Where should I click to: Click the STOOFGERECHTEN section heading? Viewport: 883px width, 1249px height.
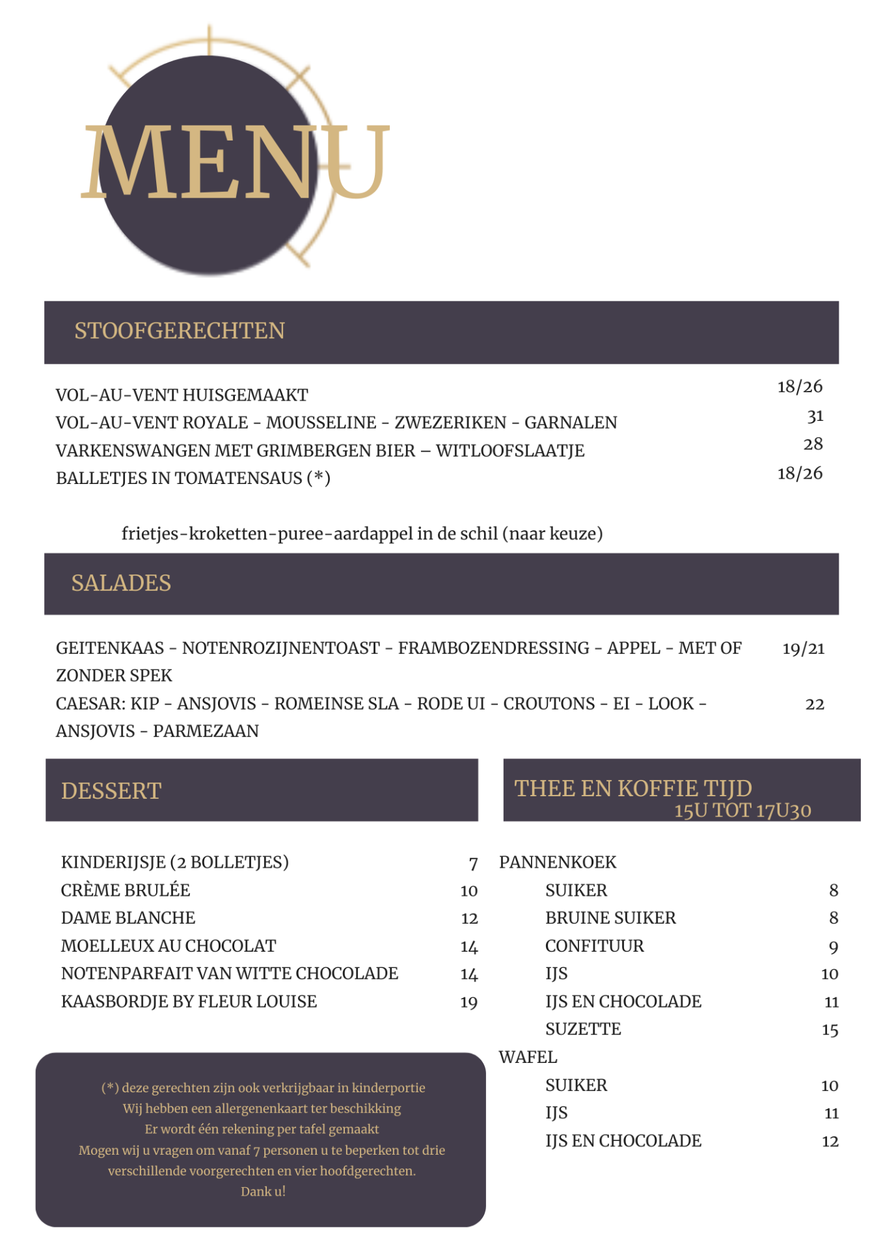tap(179, 331)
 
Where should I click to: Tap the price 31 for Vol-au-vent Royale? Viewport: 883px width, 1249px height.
tap(815, 416)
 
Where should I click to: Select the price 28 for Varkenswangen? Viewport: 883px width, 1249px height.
tap(813, 444)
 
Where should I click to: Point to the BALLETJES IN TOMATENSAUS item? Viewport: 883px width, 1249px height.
tap(193, 479)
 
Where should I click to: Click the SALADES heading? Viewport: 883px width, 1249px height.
tap(121, 584)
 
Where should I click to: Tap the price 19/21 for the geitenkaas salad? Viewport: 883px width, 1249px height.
tap(803, 649)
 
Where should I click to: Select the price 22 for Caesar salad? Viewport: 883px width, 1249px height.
tap(815, 705)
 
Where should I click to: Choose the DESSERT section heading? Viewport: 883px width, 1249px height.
tap(111, 791)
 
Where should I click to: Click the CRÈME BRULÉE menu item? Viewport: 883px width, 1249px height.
tap(126, 891)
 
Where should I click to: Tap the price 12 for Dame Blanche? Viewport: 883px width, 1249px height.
tap(469, 919)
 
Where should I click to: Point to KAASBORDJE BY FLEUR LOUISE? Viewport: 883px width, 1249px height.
tap(189, 1002)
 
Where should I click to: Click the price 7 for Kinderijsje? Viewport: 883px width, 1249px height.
tap(473, 863)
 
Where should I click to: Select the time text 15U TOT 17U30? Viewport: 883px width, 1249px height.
tap(742, 811)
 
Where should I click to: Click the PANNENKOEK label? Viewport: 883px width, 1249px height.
tap(558, 863)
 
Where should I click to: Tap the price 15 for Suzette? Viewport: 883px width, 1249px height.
tap(830, 1030)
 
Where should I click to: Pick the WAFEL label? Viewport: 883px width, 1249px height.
tap(528, 1058)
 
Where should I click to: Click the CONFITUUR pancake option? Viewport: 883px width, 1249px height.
tap(595, 947)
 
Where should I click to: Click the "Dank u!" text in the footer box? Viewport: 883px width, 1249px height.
tap(263, 1192)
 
